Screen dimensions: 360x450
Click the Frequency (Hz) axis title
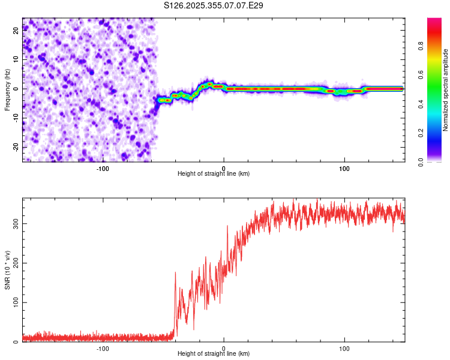pyautogui.click(x=7, y=89)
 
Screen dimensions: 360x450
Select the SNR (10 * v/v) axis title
pyautogui.click(x=7, y=269)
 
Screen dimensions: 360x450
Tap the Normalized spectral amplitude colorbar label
pyautogui.click(x=445, y=90)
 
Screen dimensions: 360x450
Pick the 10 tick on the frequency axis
pyautogui.click(x=16, y=59)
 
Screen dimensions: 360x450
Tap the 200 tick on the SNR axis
pyautogui.click(x=14, y=263)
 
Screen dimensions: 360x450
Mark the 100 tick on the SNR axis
pyautogui.click(x=14, y=302)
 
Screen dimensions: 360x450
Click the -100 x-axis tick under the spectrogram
pyautogui.click(x=103, y=168)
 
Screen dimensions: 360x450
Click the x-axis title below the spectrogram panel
pyautogui.click(x=214, y=174)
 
